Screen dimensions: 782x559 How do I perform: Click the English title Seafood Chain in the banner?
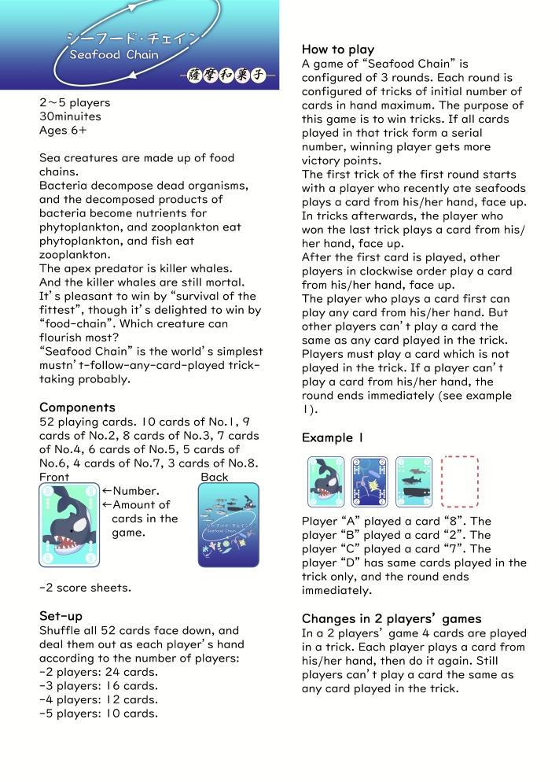click(x=114, y=55)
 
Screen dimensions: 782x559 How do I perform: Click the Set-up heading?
click(x=61, y=615)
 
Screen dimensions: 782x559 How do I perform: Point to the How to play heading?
click(x=338, y=50)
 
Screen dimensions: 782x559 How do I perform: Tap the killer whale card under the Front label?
click(x=69, y=525)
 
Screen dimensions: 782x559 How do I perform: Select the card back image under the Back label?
click(x=228, y=525)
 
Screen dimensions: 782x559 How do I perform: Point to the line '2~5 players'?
click(x=75, y=103)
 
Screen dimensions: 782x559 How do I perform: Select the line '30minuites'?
click(x=71, y=116)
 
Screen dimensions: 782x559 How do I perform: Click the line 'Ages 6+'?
click(x=63, y=131)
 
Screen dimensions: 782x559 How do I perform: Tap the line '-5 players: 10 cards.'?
click(x=98, y=714)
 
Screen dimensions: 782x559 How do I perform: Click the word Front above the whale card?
click(x=54, y=477)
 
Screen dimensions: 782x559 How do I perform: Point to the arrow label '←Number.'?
click(x=136, y=491)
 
